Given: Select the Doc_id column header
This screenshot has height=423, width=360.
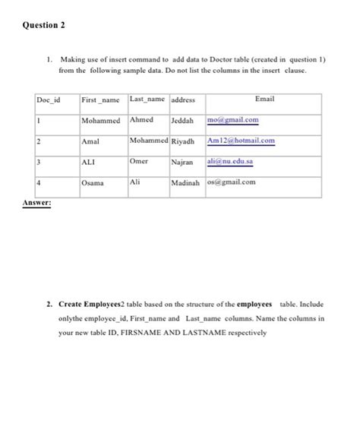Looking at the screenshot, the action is pyautogui.click(x=49, y=99).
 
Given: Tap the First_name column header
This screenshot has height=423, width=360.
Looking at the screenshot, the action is pyautogui.click(x=100, y=99).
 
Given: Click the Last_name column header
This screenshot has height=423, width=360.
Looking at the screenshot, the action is pyautogui.click(x=147, y=99).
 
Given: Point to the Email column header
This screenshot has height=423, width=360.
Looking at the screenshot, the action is pyautogui.click(x=264, y=99).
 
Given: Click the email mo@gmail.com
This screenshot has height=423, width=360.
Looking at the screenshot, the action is pyautogui.click(x=233, y=120).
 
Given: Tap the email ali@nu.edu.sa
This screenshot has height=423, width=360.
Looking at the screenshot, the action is pyautogui.click(x=232, y=162).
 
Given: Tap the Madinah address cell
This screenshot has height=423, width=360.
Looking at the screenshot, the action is pyautogui.click(x=185, y=182).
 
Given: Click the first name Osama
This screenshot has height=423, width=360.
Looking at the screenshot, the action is pyautogui.click(x=94, y=182).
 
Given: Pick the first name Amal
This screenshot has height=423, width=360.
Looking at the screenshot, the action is pyautogui.click(x=91, y=141).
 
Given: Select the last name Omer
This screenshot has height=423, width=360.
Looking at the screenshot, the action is pyautogui.click(x=139, y=161).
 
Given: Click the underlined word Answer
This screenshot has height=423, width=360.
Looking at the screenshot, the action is pyautogui.click(x=36, y=203).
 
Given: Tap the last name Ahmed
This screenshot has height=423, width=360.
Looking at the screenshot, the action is pyautogui.click(x=141, y=119).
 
